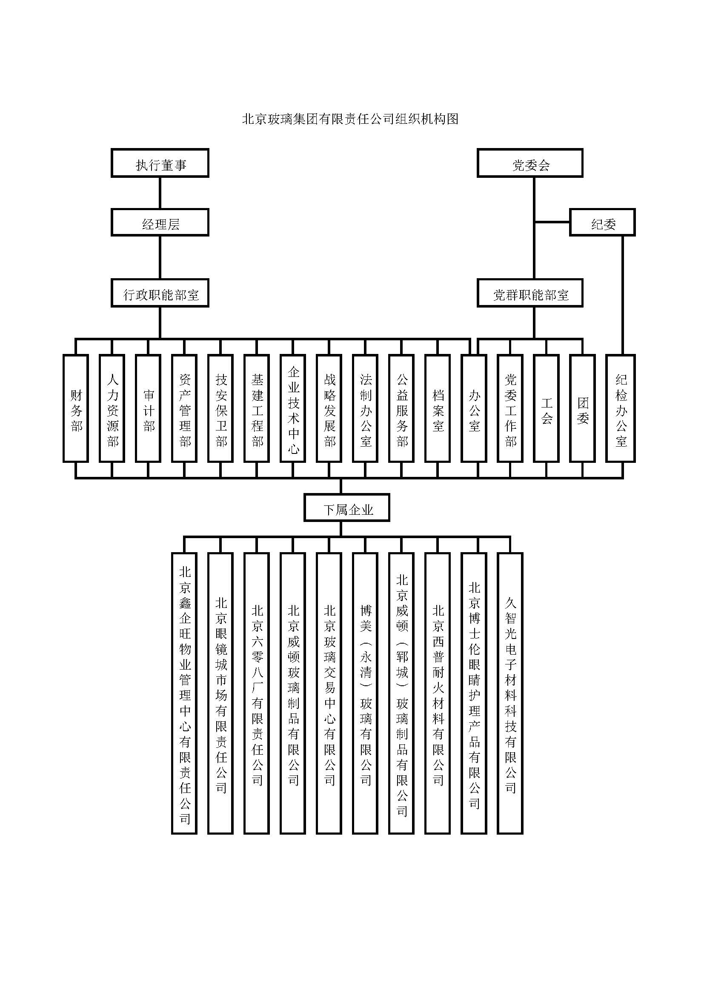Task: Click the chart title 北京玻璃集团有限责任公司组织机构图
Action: click(x=350, y=119)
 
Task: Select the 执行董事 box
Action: click(x=160, y=163)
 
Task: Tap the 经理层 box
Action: click(x=160, y=223)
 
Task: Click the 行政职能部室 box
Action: click(x=160, y=294)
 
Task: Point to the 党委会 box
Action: click(x=530, y=163)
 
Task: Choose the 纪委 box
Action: click(x=602, y=223)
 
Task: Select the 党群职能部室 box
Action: click(x=530, y=294)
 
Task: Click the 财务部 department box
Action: click(x=76, y=409)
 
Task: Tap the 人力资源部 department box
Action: click(x=112, y=409)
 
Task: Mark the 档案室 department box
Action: click(x=438, y=409)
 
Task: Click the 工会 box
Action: click(x=546, y=409)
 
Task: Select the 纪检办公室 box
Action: click(x=620, y=409)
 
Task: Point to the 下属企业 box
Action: click(x=347, y=508)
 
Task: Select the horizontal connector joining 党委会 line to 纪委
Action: click(x=552, y=222)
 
